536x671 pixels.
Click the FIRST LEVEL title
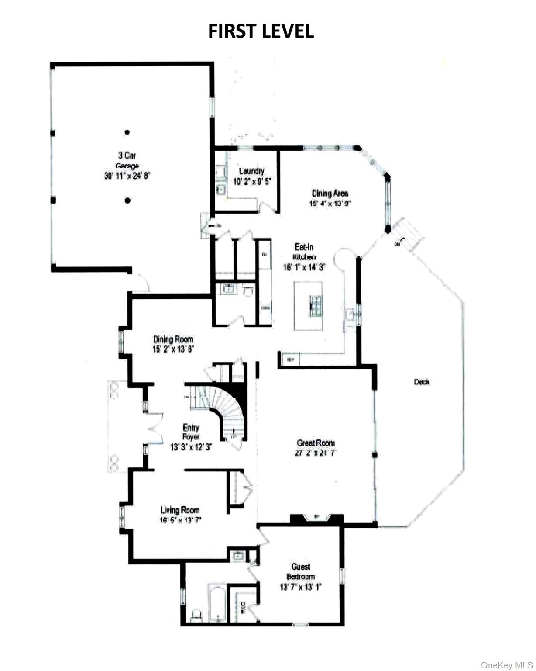pyautogui.click(x=261, y=31)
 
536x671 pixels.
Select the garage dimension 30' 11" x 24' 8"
pyautogui.click(x=127, y=176)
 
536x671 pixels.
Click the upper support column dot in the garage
pyautogui.click(x=127, y=132)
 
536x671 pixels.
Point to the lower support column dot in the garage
pyautogui.click(x=127, y=201)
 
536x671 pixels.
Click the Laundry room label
pyautogui.click(x=251, y=171)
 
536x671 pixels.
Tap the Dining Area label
pyautogui.click(x=330, y=193)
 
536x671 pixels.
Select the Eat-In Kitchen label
pyautogui.click(x=304, y=252)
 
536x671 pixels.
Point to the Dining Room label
pyautogui.click(x=173, y=339)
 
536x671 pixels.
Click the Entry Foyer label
pyautogui.click(x=191, y=432)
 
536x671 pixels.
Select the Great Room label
pyautogui.click(x=316, y=443)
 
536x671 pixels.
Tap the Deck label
pyautogui.click(x=422, y=382)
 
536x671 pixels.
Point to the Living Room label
pyautogui.click(x=180, y=510)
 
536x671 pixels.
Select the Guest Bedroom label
pyautogui.click(x=301, y=571)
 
